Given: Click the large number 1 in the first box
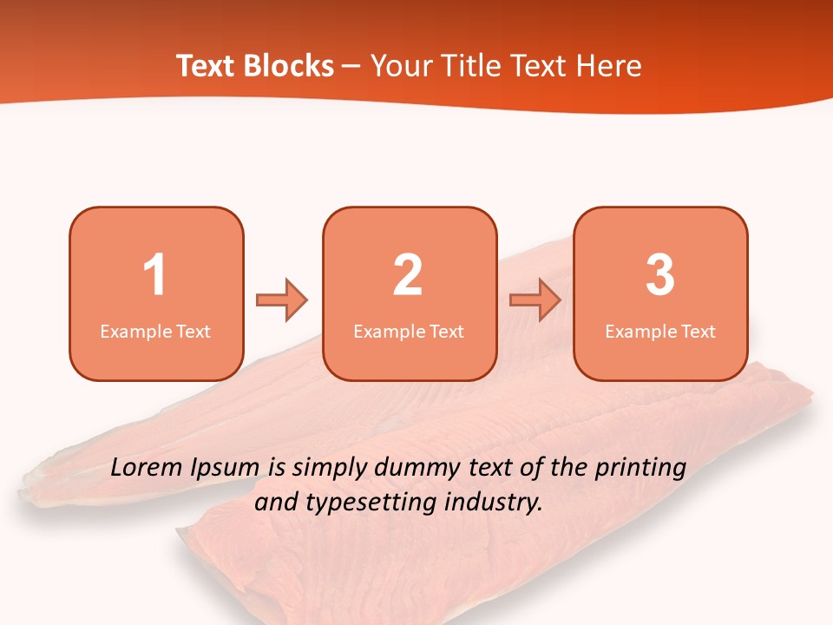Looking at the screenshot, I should coord(154,275).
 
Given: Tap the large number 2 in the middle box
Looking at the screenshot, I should coord(408,275).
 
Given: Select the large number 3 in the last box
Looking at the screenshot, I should coord(660,275).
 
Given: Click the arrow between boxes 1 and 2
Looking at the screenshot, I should coord(282,300).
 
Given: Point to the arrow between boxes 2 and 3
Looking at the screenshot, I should coord(535,300).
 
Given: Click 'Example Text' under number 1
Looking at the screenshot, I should coord(155,331).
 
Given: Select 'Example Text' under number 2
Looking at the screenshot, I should coord(409,331).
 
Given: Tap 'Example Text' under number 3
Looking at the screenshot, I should coord(660,331).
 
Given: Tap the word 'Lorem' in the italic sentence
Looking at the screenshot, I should coord(147,468).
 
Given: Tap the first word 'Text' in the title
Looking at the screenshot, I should coord(206,66).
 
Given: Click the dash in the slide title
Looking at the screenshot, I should coord(351,67).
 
